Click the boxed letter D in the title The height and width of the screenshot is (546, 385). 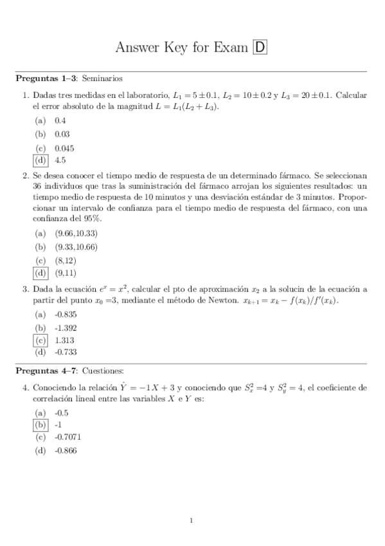tap(261, 47)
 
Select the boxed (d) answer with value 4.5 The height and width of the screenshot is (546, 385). tap(41, 160)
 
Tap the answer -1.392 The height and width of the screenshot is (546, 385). tap(66, 327)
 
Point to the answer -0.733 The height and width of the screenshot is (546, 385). tap(66, 352)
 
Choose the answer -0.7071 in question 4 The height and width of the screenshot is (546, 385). tap(68, 437)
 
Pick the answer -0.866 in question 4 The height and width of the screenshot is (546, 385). tap(66, 450)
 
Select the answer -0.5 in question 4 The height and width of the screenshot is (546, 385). tap(62, 412)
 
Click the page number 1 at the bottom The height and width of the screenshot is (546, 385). tap(192, 520)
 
